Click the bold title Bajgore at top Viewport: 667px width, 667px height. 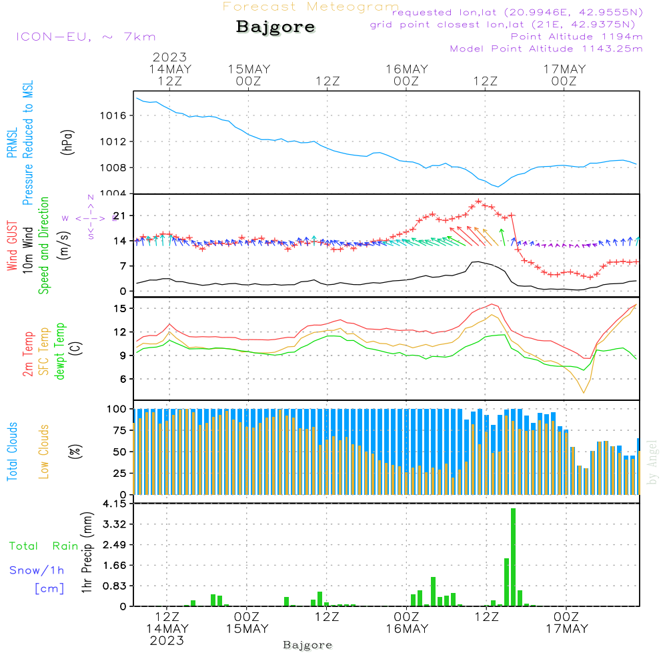point(275,27)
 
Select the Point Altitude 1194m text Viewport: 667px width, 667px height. point(576,37)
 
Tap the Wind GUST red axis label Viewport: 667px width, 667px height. point(12,248)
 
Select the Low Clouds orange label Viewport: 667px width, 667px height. point(45,451)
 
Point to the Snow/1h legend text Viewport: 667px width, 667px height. point(37,570)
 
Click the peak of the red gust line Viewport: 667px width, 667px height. point(478,201)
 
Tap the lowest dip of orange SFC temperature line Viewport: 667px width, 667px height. point(584,392)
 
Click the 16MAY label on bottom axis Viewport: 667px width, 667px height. point(406,628)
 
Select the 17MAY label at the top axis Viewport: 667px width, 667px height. point(564,69)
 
